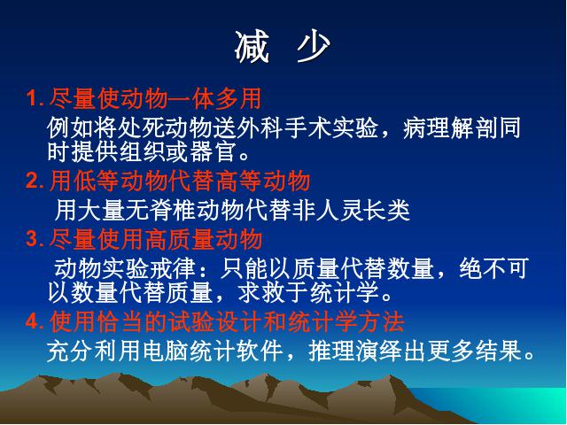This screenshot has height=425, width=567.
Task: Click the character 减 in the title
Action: coord(252,47)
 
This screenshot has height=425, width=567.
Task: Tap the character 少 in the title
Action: coord(313,47)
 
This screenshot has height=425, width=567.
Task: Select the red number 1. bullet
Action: coord(35,98)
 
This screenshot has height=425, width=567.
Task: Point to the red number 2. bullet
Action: coord(35,181)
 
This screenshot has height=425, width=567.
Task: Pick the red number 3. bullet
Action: coord(35,239)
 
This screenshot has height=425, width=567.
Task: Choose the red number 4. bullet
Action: coord(35,321)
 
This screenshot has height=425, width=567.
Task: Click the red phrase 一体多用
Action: coord(214,98)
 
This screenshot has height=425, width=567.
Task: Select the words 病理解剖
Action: coord(450,127)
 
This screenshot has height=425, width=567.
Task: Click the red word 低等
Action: coord(97,181)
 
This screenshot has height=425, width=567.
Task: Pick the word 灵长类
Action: coord(375,210)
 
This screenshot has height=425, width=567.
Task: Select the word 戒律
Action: coord(173,268)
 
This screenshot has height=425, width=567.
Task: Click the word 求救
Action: coord(261,292)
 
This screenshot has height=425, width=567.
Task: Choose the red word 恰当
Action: coord(120,321)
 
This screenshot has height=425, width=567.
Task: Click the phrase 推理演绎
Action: coord(354,351)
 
